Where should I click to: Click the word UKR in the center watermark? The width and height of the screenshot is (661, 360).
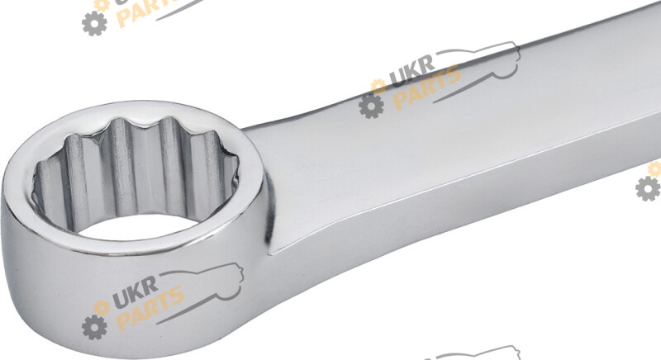pos(411,71)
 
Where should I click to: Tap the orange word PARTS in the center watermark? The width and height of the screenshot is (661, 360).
pos(427,88)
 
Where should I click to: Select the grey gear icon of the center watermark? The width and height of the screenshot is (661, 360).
pos(371,105)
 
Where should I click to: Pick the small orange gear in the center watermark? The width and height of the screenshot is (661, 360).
pos(378,86)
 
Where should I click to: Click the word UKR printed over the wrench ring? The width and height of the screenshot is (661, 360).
pos(135,291)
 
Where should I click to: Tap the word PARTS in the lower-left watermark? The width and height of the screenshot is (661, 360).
pos(150,308)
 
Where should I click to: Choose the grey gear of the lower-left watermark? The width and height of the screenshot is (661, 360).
pos(94,327)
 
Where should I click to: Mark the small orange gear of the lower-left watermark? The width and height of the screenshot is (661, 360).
pos(101,307)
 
